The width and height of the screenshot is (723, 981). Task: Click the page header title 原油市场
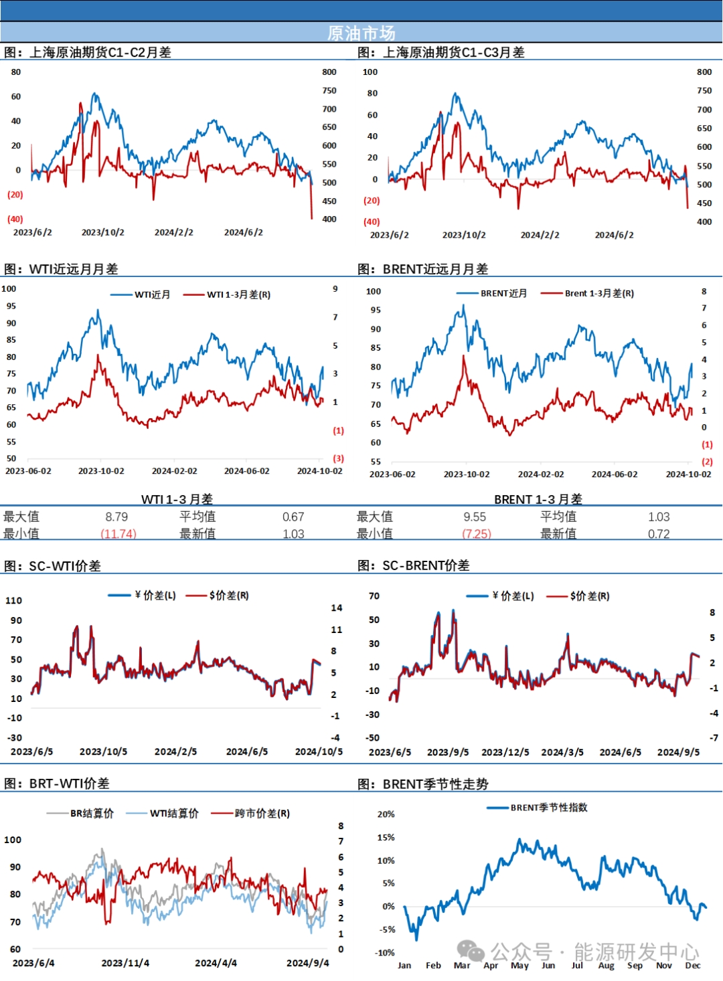pyautogui.click(x=361, y=33)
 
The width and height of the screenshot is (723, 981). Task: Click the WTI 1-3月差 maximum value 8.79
pyautogui.click(x=116, y=517)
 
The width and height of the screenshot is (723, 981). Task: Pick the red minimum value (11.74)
pyautogui.click(x=118, y=534)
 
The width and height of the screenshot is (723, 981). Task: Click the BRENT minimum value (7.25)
pyautogui.click(x=477, y=534)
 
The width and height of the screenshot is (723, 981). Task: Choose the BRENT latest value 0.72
pyautogui.click(x=659, y=534)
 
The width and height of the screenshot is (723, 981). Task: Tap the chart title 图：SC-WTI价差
pyautogui.click(x=52, y=566)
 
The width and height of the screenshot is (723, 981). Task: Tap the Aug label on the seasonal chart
pyautogui.click(x=606, y=965)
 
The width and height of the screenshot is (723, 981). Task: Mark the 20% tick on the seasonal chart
pyautogui.click(x=386, y=814)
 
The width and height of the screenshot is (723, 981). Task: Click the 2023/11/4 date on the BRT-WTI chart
pyautogui.click(x=125, y=963)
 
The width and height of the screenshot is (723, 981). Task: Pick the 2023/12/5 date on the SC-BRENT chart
pyautogui.click(x=505, y=752)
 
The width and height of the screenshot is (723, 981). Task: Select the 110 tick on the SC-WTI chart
pyautogui.click(x=14, y=600)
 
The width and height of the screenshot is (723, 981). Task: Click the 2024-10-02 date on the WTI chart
pyautogui.click(x=319, y=471)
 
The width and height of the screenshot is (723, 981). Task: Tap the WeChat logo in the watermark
pyautogui.click(x=471, y=951)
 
